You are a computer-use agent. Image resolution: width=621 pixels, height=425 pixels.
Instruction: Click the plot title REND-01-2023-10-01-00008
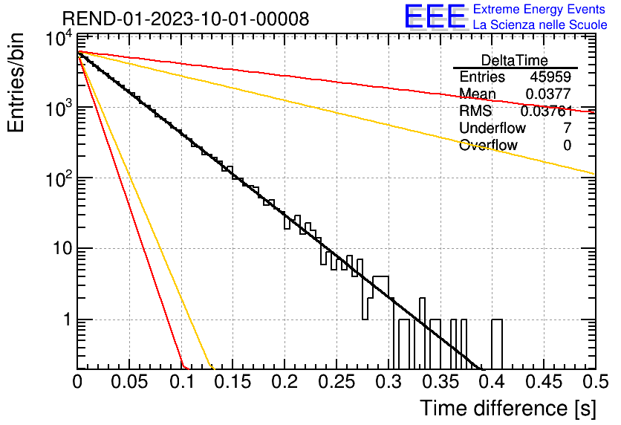(x=186, y=19)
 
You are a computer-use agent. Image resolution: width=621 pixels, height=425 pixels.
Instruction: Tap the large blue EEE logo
(x=435, y=16)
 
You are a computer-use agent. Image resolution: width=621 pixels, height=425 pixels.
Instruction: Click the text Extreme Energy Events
(x=539, y=9)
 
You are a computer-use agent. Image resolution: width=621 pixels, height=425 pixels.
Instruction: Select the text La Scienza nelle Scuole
(x=540, y=25)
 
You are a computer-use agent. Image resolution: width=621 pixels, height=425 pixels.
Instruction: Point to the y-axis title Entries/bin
(x=16, y=82)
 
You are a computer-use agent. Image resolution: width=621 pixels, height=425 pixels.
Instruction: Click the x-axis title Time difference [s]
(x=508, y=409)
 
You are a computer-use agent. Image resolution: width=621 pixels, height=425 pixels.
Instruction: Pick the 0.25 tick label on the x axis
(x=336, y=382)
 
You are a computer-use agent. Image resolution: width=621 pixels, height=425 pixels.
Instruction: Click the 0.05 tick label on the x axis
(x=129, y=382)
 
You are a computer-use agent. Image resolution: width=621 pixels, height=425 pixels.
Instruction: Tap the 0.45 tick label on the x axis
(x=544, y=382)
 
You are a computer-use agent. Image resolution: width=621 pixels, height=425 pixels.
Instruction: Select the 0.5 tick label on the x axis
(x=595, y=382)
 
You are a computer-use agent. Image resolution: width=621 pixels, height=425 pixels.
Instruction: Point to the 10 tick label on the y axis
(x=62, y=249)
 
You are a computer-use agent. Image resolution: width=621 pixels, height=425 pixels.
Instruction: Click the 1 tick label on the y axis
(x=68, y=319)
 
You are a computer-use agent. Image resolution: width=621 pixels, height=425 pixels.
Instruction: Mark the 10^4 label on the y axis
(x=59, y=40)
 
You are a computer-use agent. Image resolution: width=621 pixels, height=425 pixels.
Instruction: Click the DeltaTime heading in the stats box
(x=515, y=60)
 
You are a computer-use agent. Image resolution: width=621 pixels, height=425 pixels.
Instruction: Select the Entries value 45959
(x=550, y=77)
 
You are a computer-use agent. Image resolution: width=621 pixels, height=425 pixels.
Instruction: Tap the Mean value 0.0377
(x=548, y=94)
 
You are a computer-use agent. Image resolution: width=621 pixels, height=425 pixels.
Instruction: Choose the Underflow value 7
(x=567, y=128)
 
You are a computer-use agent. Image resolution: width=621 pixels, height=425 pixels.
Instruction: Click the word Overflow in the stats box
(x=488, y=145)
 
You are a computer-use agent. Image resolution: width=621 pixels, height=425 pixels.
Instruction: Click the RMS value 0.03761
(x=547, y=111)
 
